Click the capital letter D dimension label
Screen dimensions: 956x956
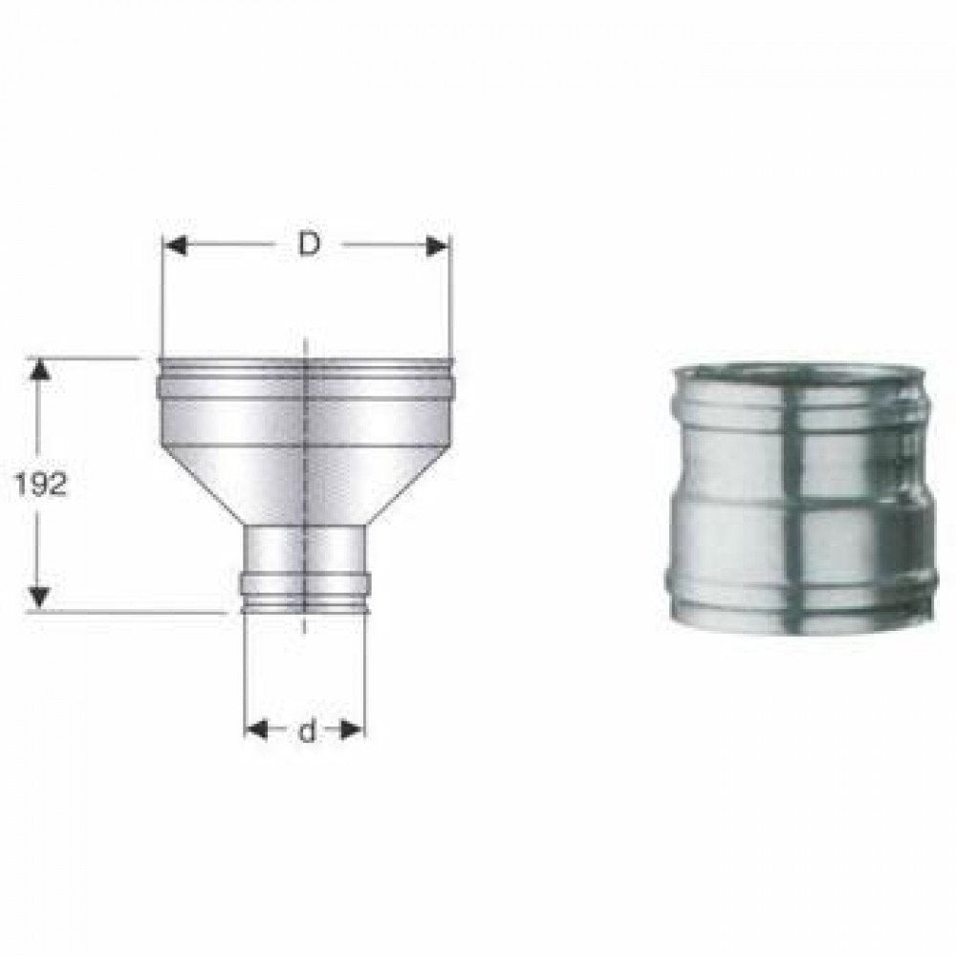click(x=307, y=245)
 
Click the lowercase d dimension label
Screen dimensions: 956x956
click(x=306, y=732)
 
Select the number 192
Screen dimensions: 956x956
click(x=41, y=485)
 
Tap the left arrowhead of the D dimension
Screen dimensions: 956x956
click(x=174, y=246)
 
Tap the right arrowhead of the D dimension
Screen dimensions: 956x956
click(x=439, y=246)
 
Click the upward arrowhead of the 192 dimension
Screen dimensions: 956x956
click(x=38, y=369)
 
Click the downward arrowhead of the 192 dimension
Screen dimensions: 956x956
click(x=38, y=597)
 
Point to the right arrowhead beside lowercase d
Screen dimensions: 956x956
click(x=354, y=731)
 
